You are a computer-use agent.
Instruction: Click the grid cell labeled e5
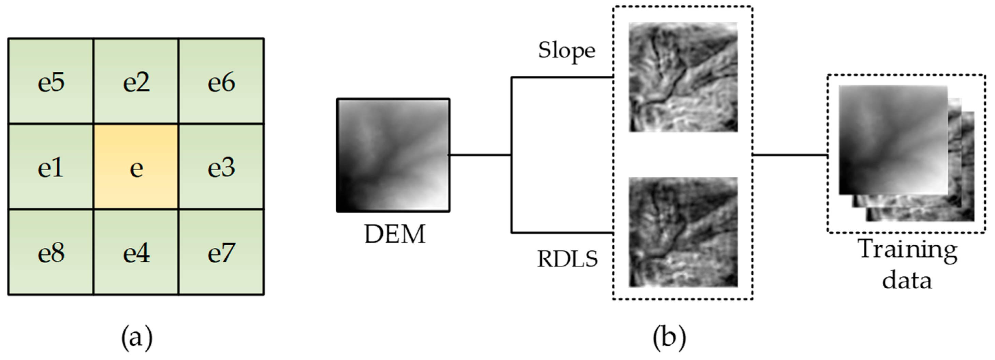click(50, 82)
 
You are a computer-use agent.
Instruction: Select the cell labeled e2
click(136, 82)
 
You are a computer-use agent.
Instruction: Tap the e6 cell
click(221, 82)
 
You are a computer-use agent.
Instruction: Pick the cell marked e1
click(50, 167)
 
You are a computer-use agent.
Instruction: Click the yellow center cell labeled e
click(136, 167)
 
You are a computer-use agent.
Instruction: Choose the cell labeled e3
click(221, 167)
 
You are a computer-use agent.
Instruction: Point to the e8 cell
click(50, 252)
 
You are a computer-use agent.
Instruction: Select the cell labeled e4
click(136, 252)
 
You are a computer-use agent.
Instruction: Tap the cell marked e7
click(221, 252)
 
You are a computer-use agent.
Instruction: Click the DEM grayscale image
click(393, 155)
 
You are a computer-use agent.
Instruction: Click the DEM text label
click(395, 234)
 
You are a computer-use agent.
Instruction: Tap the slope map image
click(683, 77)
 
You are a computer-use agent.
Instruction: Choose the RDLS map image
click(683, 232)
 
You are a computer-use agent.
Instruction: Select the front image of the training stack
click(892, 140)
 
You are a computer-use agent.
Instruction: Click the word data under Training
click(907, 280)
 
